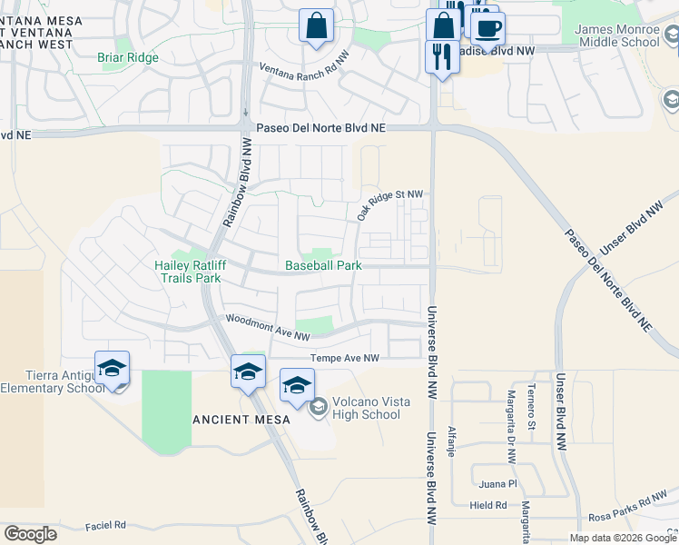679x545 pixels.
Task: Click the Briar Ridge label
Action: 128,57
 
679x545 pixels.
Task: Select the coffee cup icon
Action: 487,27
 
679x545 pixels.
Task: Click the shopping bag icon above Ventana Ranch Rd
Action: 316,27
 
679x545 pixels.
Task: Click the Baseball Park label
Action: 323,265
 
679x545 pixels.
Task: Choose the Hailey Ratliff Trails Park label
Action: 186,272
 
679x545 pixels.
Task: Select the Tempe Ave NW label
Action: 344,359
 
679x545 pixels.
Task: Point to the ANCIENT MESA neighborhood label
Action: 241,420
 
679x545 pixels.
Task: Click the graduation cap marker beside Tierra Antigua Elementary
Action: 112,368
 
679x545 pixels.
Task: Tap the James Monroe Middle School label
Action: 617,35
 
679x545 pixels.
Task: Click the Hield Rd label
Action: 488,505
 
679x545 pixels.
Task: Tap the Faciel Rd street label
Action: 105,525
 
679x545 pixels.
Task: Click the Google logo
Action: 30,534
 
